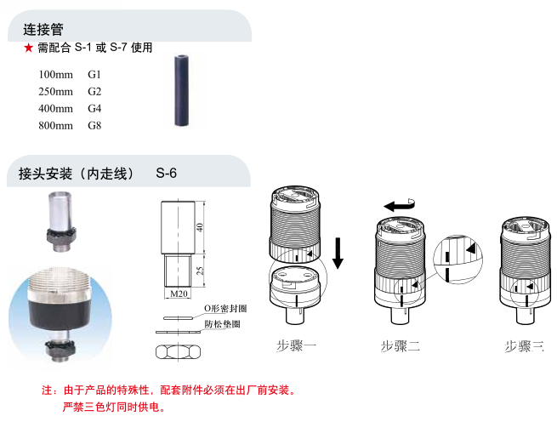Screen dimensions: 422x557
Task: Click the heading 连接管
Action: pyautogui.click(x=42, y=30)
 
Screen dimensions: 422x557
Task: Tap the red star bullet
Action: pyautogui.click(x=28, y=48)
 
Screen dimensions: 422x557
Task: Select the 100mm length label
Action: pyautogui.click(x=56, y=75)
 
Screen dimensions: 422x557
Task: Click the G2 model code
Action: pyautogui.click(x=94, y=92)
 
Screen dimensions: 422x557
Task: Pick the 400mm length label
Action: pyautogui.click(x=56, y=109)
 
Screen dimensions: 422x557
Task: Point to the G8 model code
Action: pyautogui.click(x=94, y=126)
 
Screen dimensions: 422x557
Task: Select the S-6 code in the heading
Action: pyautogui.click(x=167, y=174)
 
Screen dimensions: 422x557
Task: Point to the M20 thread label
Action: pyautogui.click(x=179, y=294)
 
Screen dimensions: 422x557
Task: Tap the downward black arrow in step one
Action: pyautogui.click(x=338, y=253)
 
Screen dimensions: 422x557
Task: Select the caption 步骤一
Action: pyautogui.click(x=297, y=346)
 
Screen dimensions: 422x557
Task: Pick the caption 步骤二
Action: pyautogui.click(x=401, y=346)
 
